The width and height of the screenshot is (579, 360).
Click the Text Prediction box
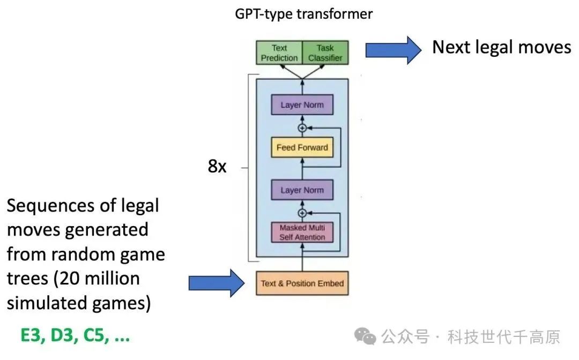point(279,53)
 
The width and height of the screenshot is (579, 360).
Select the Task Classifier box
point(325,53)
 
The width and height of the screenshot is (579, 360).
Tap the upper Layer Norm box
point(302,105)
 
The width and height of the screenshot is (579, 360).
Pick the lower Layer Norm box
point(302,190)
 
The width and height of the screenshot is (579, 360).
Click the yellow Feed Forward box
point(302,147)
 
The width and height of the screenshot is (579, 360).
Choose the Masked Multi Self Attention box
point(302,232)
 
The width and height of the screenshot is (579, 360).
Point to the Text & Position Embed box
point(302,283)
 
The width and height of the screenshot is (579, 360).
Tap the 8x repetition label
point(217,167)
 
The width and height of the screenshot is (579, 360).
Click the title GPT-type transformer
point(303,14)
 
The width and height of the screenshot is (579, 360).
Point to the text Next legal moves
point(501,47)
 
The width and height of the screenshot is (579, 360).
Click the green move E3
point(32,336)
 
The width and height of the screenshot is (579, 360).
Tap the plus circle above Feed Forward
point(302,128)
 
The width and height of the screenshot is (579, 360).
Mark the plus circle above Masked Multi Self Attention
point(302,213)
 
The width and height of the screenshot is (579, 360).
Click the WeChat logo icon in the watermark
point(368,336)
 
